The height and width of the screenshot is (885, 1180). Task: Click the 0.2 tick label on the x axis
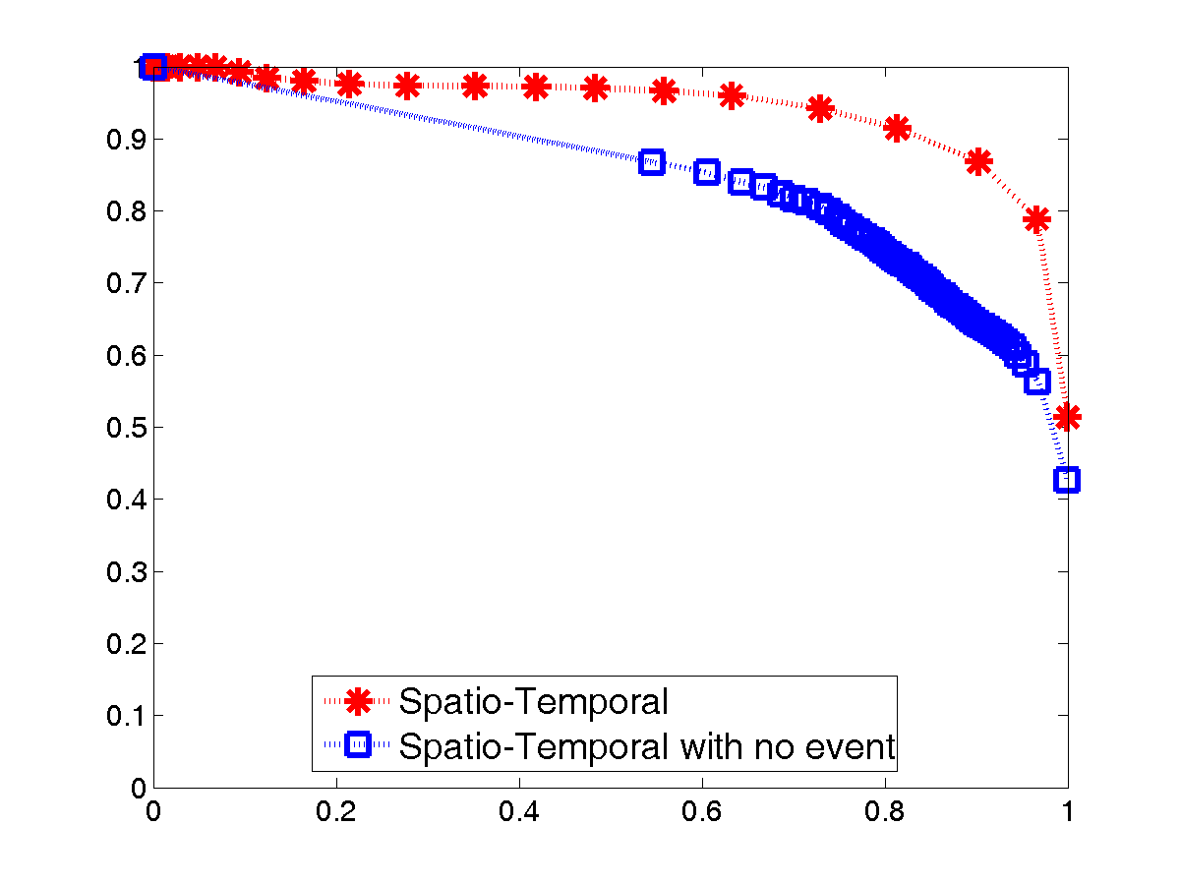tap(335, 815)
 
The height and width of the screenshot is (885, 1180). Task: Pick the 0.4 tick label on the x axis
tap(518, 815)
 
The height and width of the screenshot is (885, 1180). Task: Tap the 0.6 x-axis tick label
tap(701, 815)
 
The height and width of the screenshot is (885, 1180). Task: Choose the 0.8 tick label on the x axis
tap(884, 815)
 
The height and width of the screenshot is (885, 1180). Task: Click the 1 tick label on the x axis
tap(1067, 815)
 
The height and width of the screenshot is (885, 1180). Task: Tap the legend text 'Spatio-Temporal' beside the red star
tap(533, 702)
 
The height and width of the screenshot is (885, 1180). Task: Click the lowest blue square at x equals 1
tap(1067, 480)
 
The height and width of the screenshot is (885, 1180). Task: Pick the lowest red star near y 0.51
tap(1067, 417)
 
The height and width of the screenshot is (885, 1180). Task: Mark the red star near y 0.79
tap(1036, 219)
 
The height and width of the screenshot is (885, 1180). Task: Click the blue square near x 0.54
tap(651, 162)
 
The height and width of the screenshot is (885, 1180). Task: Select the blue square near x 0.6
tap(706, 172)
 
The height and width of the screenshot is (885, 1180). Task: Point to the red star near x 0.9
tap(977, 162)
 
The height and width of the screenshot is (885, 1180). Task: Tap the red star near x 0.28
tap(407, 87)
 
